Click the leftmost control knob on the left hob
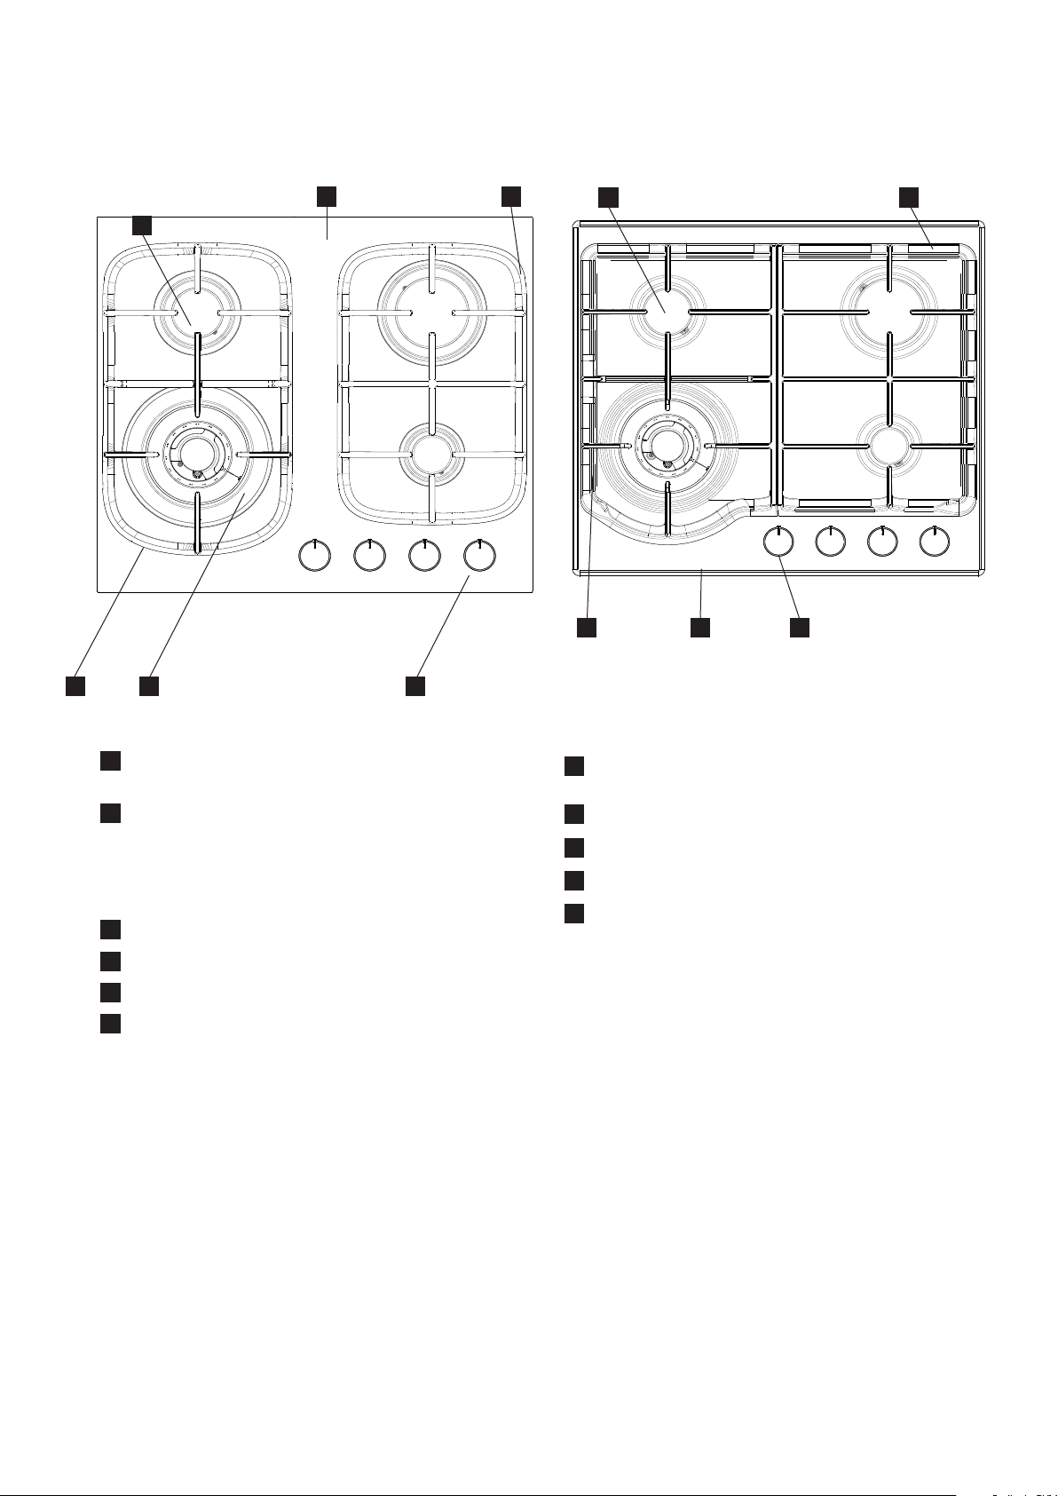(x=312, y=556)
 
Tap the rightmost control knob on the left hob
(x=479, y=556)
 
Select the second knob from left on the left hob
(x=368, y=556)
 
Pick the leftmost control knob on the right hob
(x=778, y=542)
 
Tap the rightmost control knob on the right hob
(x=934, y=542)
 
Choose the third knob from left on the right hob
(x=881, y=542)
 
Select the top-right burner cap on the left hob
(x=430, y=312)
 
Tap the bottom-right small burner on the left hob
(x=430, y=453)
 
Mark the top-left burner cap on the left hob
(x=197, y=313)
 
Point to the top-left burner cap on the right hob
(x=666, y=310)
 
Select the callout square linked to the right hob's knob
(x=801, y=628)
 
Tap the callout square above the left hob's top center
(x=328, y=196)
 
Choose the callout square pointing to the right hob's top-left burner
(x=608, y=196)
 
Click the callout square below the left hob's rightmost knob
(x=415, y=686)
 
